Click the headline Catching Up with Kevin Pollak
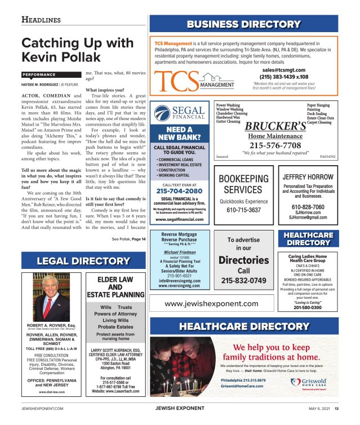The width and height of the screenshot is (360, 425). pos(77,50)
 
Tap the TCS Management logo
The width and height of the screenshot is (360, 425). pos(194,81)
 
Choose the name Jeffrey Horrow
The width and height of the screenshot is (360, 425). pos(307,177)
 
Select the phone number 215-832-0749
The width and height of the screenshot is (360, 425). pos(243,280)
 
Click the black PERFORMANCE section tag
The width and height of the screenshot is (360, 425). pos(43,75)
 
